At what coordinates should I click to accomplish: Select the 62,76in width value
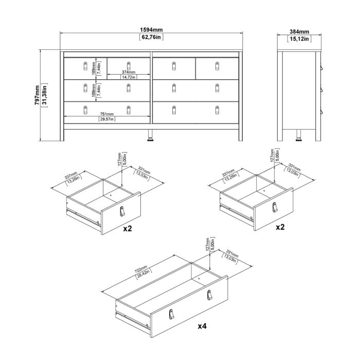152,38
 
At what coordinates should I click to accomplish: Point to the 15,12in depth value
299,38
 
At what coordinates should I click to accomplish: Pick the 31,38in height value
45,95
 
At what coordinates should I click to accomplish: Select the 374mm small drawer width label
128,72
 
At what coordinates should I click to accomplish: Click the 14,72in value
128,77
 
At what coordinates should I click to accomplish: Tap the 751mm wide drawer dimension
106,114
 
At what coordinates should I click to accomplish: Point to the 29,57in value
106,119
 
